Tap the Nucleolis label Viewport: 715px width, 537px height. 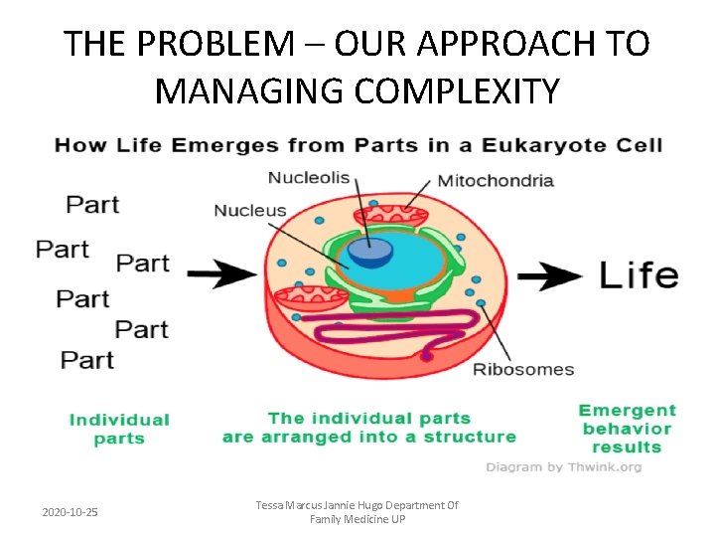[x=308, y=178]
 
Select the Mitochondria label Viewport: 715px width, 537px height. [x=496, y=180]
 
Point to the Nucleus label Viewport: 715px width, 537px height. [x=250, y=211]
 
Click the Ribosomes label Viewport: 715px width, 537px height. [x=522, y=370]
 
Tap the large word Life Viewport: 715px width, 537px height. [x=639, y=275]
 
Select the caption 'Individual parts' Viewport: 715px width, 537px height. [x=119, y=430]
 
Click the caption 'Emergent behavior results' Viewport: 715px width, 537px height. [x=627, y=429]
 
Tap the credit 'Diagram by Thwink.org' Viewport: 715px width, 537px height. [x=563, y=467]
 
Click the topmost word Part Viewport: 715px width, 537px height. [x=92, y=205]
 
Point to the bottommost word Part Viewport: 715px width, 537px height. [x=87, y=359]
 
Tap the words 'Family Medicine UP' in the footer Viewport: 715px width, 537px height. [x=357, y=520]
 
